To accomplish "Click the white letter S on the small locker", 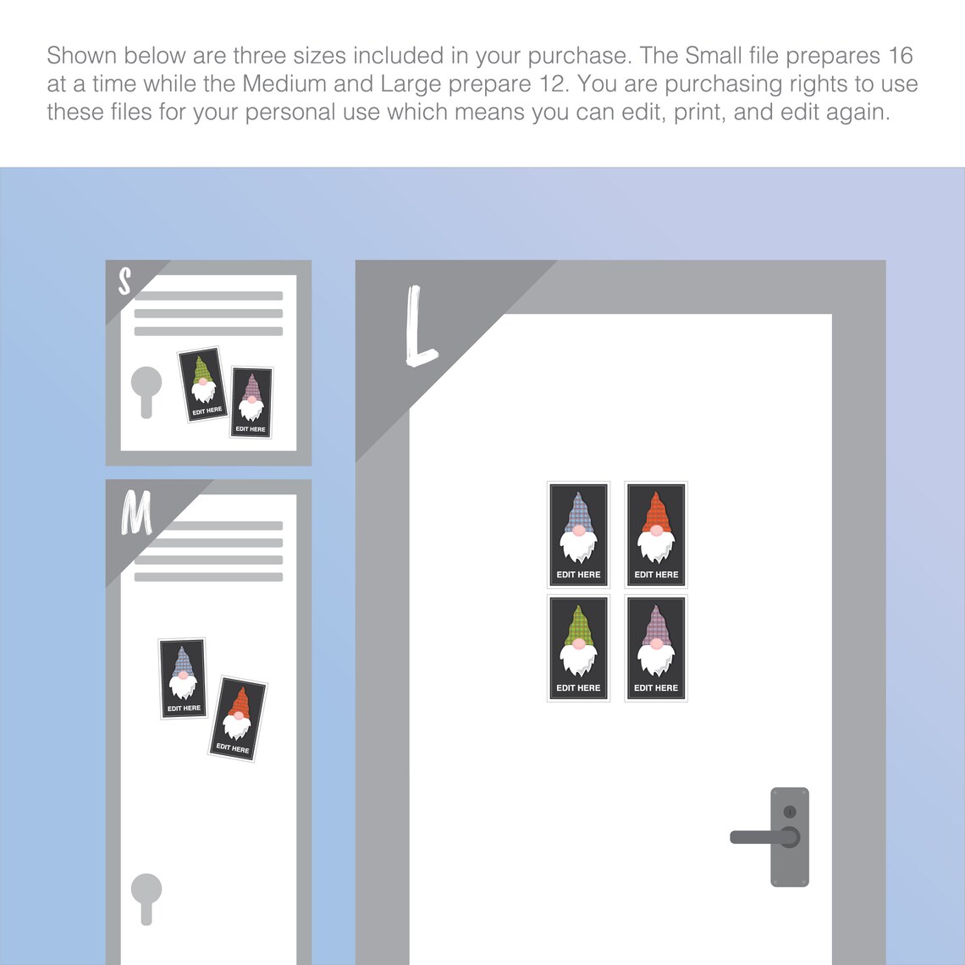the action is click(x=124, y=281).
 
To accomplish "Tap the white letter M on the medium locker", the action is click(x=136, y=512).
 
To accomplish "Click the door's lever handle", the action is click(x=765, y=837).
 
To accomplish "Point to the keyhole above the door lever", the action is click(x=790, y=812).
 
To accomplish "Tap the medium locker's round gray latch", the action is click(x=146, y=898).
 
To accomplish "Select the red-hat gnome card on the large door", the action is click(x=656, y=535).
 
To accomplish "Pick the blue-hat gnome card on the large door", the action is click(x=578, y=535).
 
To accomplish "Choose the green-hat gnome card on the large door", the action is click(x=578, y=648).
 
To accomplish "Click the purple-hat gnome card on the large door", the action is click(x=656, y=648).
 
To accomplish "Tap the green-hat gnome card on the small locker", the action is click(x=202, y=384).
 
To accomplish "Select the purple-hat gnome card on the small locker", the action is click(x=251, y=402).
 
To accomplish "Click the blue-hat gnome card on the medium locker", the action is click(x=183, y=678).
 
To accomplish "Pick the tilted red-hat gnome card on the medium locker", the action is click(x=238, y=719).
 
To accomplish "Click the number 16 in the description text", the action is click(x=900, y=55).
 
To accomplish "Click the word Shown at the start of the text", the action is click(x=82, y=55).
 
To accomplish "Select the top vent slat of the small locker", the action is click(x=208, y=295).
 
